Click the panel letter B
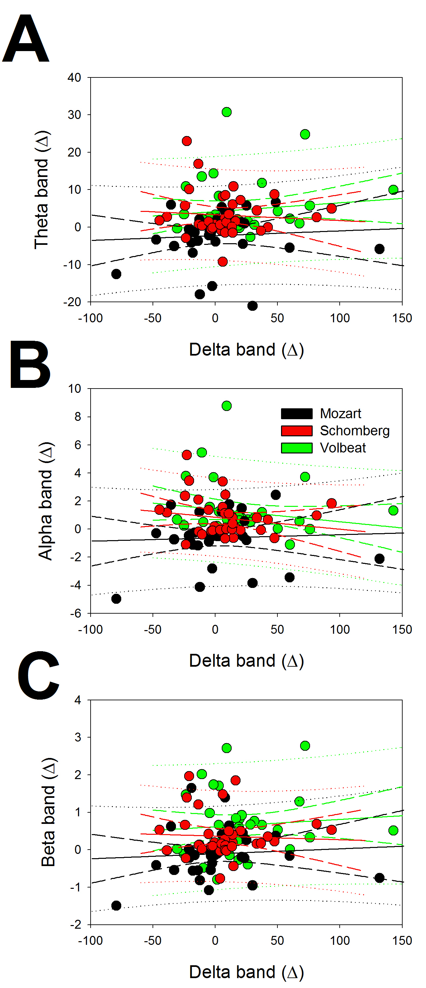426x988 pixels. click(x=30, y=364)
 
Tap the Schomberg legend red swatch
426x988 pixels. click(x=297, y=431)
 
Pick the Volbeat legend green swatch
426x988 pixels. click(x=297, y=448)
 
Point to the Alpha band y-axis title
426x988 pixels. click(x=45, y=501)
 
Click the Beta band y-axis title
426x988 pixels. click(x=48, y=812)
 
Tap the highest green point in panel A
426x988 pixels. click(x=227, y=112)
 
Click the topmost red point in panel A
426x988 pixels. click(x=187, y=141)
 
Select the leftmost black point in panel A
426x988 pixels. click(x=116, y=274)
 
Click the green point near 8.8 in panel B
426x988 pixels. click(x=227, y=406)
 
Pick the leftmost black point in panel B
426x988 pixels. click(x=116, y=599)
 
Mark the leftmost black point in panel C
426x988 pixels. click(x=116, y=906)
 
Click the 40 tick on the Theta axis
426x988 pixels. click(x=74, y=77)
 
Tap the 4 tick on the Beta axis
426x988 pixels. click(x=78, y=700)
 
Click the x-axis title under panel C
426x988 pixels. click(x=246, y=972)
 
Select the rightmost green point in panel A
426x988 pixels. click(x=393, y=189)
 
